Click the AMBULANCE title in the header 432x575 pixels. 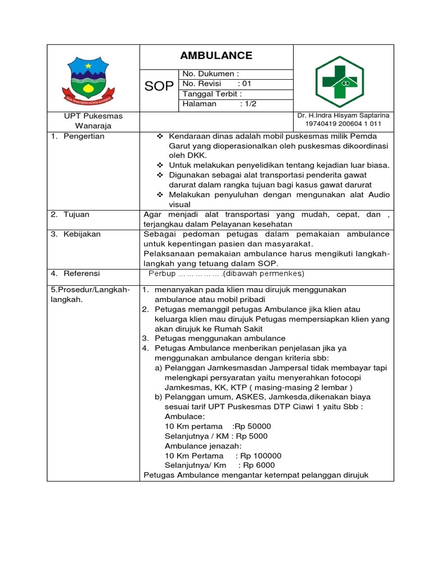pyautogui.click(x=216, y=56)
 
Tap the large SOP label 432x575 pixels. pyautogui.click(x=159, y=86)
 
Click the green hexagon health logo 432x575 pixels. pyautogui.click(x=339, y=81)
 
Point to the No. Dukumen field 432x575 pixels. pyautogui.click(x=211, y=74)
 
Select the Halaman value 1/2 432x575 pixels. pyautogui.click(x=247, y=104)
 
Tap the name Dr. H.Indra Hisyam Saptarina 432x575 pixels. pyautogui.click(x=343, y=115)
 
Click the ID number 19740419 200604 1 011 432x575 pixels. pyautogui.click(x=343, y=124)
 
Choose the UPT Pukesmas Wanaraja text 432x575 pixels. pyautogui.click(x=93, y=121)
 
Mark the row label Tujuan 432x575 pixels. pyautogui.click(x=77, y=215)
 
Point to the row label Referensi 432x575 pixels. pyautogui.click(x=82, y=273)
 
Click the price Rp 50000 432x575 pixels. pyautogui.click(x=253, y=426)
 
